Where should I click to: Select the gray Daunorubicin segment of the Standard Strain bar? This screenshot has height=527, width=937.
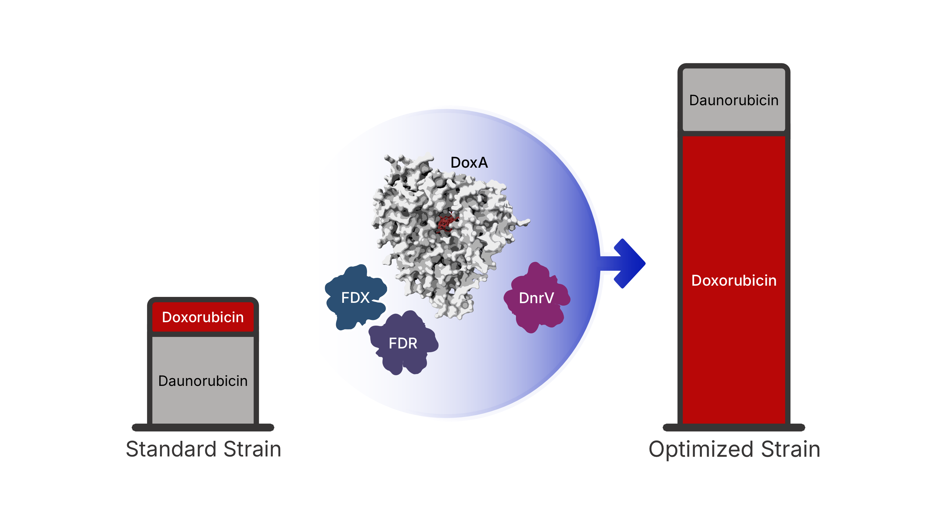pos(203,404)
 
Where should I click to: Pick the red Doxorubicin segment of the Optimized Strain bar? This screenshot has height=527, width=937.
pos(734,346)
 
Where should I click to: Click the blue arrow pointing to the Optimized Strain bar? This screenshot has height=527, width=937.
pos(626,263)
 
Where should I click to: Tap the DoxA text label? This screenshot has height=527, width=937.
pos(469,163)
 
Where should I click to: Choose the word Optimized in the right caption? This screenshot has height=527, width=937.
pos(701,449)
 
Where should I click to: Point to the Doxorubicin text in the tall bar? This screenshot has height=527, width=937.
pos(734,280)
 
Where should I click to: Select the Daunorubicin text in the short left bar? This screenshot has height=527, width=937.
pos(203,381)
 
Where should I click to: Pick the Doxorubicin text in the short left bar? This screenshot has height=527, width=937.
pos(203,317)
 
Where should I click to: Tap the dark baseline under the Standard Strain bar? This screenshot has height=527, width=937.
pos(203,427)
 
